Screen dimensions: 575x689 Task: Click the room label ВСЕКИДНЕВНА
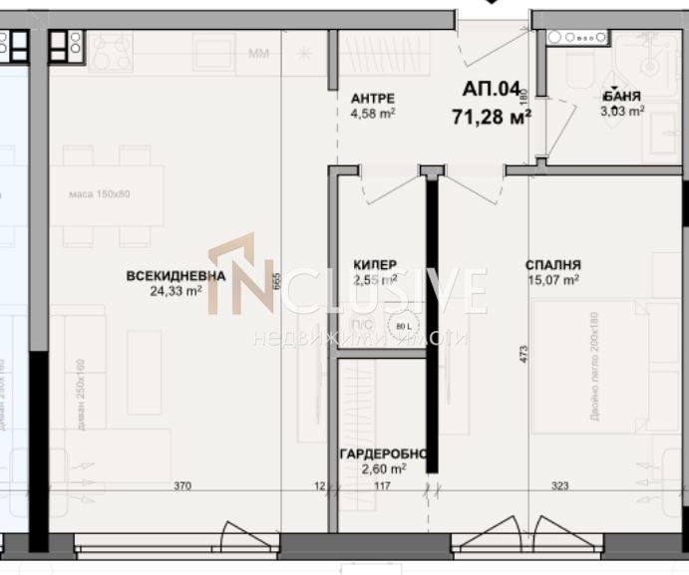coord(175,276)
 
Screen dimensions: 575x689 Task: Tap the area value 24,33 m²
coord(175,291)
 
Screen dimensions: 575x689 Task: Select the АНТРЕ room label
coord(373,98)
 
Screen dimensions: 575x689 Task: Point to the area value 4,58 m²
coord(373,113)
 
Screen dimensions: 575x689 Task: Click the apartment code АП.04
coord(492,90)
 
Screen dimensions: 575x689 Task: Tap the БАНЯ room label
coord(622,97)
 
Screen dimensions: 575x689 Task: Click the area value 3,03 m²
coord(622,112)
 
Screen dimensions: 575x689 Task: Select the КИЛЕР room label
coord(375,264)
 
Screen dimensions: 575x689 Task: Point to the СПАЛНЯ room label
coord(553,265)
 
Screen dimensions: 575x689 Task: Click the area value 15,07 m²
coord(553,280)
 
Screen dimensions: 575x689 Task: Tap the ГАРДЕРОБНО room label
coord(384,454)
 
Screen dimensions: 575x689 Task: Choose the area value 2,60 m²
coord(384,468)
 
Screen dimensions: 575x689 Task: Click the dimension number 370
coord(182,486)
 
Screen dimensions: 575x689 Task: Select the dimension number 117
coord(382,486)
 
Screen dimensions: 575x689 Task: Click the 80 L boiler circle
coord(403,326)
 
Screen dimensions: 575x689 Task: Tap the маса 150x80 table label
coord(100,193)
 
